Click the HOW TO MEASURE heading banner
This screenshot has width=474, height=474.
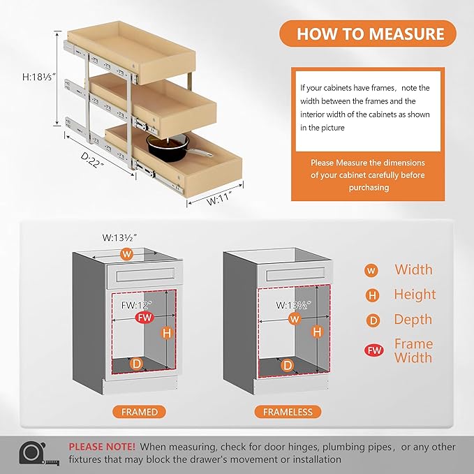coord(370,34)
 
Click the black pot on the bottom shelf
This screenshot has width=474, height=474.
coord(166,145)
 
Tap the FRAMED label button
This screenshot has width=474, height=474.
coord(140,412)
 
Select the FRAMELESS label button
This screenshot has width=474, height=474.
coord(288,412)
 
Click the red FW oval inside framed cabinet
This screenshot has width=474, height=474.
coord(144,318)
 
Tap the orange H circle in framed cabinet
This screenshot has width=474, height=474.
coord(166,333)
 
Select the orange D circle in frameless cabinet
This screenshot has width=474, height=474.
coord(287,364)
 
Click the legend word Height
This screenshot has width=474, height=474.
coord(415,295)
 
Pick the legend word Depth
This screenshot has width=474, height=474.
coord(414,320)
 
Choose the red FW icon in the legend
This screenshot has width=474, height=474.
coord(373,350)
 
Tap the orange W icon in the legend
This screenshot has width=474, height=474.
coord(373,270)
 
